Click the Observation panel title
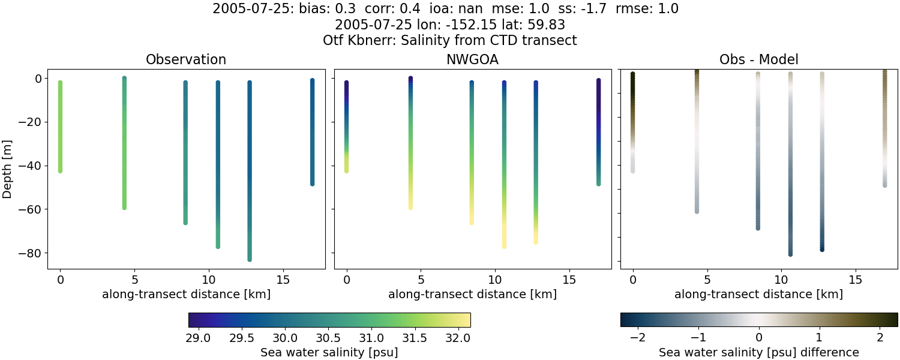coord(186,60)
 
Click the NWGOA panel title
coord(472,60)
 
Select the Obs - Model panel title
coord(758,60)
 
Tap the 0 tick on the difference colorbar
coord(759,337)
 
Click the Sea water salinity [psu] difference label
coord(759,352)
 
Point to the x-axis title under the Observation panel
coord(186,295)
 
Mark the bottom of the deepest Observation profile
coord(249,259)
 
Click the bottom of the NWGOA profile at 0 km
coord(346,171)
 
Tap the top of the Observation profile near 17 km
coord(312,80)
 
